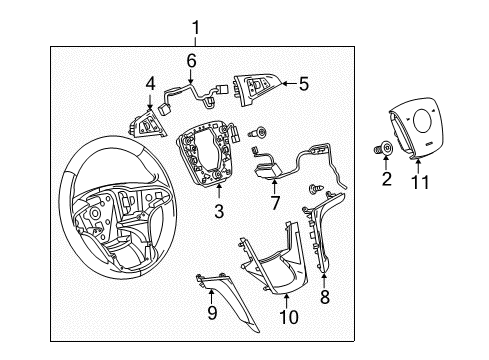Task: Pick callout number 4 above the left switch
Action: pyautogui.click(x=150, y=84)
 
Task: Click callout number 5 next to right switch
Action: pyautogui.click(x=304, y=86)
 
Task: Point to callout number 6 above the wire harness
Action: pyautogui.click(x=190, y=60)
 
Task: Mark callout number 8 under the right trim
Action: pyautogui.click(x=323, y=297)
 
